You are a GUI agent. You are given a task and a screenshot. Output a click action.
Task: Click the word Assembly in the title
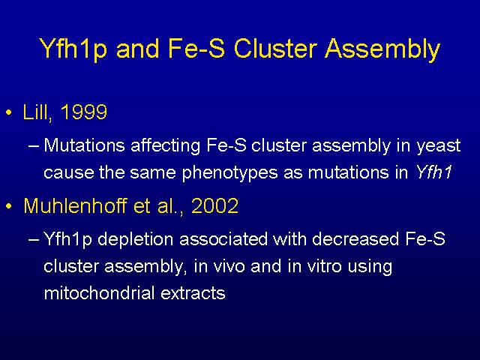382,49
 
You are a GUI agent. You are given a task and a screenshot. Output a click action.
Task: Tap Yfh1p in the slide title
73,49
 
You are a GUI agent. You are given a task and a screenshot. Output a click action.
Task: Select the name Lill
35,112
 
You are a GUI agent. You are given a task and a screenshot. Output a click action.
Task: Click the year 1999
84,112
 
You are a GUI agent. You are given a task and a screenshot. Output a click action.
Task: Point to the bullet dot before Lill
9,112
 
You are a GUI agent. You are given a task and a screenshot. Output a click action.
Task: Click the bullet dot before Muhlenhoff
9,206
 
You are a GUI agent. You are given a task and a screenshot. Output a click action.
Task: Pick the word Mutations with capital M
84,145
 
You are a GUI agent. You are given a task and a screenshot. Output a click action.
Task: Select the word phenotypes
229,173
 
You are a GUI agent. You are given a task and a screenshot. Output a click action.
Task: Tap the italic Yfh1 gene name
433,172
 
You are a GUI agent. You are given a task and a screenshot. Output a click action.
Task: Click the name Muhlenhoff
75,205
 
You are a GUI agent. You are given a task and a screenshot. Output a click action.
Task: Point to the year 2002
214,205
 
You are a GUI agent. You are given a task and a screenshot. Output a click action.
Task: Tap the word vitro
324,266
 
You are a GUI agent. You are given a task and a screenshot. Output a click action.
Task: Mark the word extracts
193,294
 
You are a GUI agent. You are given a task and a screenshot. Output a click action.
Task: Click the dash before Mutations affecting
34,146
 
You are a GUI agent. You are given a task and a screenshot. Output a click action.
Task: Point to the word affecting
165,146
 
